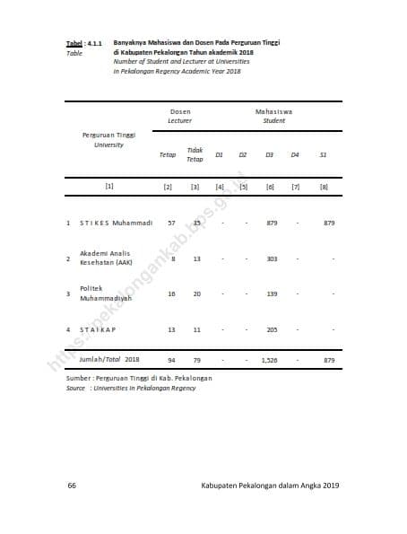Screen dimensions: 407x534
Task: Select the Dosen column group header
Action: pos(179,111)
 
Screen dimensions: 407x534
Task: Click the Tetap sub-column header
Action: pos(168,154)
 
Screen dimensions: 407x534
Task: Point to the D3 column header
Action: pos(269,154)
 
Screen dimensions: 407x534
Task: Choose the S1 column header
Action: pos(323,154)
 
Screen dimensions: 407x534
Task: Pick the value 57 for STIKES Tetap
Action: pos(171,222)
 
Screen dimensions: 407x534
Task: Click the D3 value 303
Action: pos(272,258)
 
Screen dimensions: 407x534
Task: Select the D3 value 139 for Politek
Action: pos(272,293)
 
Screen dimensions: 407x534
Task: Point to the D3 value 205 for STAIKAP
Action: pos(272,329)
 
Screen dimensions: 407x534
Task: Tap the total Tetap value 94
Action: pos(171,360)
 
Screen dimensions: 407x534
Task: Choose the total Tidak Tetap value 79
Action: pos(196,360)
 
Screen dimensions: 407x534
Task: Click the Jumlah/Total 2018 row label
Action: pos(108,359)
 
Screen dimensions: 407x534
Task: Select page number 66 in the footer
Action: pos(72,486)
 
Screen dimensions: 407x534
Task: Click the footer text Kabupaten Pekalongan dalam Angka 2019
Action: pos(270,486)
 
